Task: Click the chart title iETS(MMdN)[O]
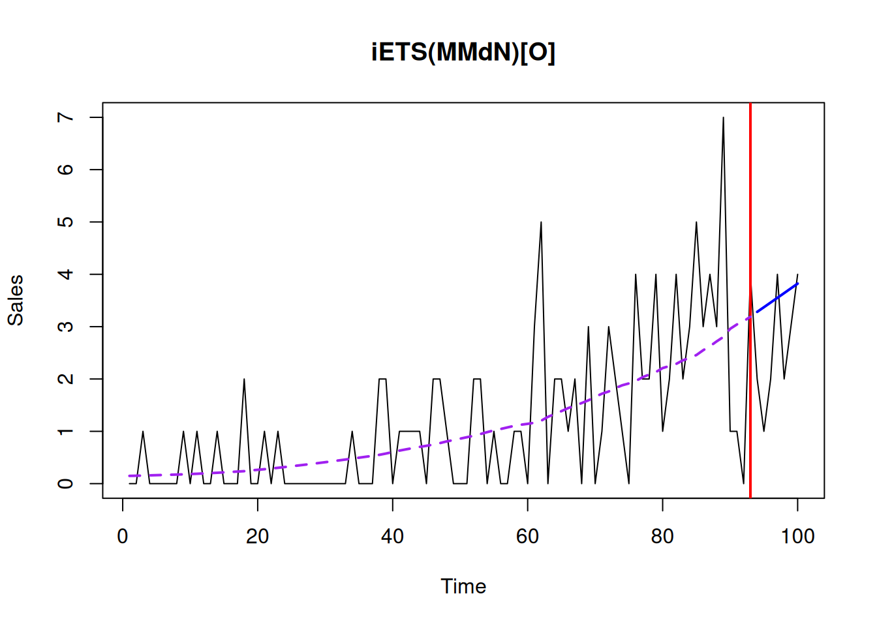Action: (x=463, y=52)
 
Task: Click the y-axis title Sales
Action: (x=15, y=300)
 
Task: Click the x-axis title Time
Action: (x=463, y=586)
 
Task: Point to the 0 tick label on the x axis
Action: (x=123, y=537)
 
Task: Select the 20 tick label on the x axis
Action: (x=257, y=537)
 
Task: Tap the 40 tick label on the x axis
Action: (x=392, y=537)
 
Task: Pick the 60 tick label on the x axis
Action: (x=527, y=537)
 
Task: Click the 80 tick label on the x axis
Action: (x=662, y=537)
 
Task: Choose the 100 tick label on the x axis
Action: (x=797, y=537)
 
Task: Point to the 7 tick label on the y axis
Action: (x=65, y=117)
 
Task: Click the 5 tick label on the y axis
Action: (x=65, y=222)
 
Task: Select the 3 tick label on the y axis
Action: (x=65, y=327)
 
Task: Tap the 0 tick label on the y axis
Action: (x=65, y=484)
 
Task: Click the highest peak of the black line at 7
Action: (x=723, y=118)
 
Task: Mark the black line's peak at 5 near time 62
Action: (x=541, y=223)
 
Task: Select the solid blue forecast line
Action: (x=777, y=298)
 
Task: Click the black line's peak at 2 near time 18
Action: (x=244, y=380)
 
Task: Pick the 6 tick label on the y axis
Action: (x=65, y=170)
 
